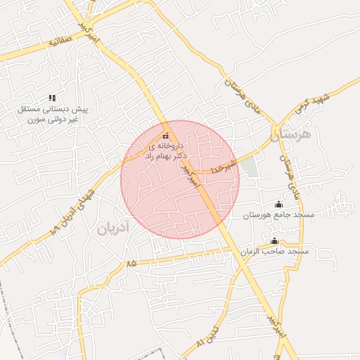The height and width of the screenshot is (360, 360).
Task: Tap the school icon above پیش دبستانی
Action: [x=51, y=98]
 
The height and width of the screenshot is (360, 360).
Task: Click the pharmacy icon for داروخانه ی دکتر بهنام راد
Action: [x=165, y=136]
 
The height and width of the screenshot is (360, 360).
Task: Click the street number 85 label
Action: [x=131, y=263]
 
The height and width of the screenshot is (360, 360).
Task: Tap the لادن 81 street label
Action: [x=208, y=338]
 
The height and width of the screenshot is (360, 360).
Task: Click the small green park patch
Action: [x=250, y=167]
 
